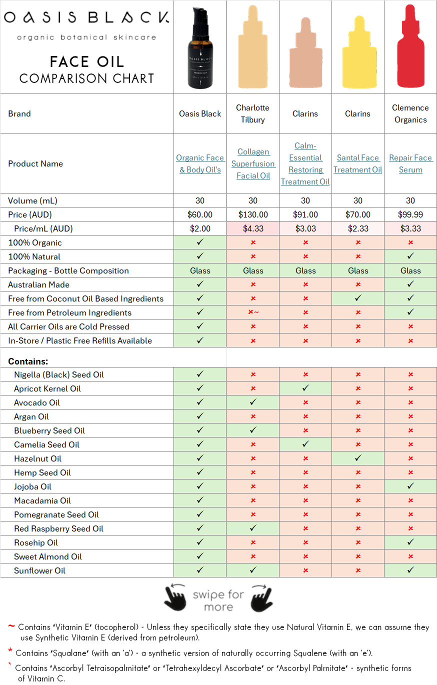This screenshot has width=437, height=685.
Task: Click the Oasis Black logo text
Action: pyautogui.click(x=86, y=18)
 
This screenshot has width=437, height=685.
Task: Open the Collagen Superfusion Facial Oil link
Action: pyautogui.click(x=253, y=163)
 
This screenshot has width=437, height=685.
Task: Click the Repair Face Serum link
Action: pyautogui.click(x=410, y=163)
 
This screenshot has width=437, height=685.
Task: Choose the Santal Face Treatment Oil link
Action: pyautogui.click(x=358, y=163)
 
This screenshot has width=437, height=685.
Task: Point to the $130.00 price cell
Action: pyautogui.click(x=253, y=214)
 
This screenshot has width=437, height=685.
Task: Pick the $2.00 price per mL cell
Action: pyautogui.click(x=200, y=228)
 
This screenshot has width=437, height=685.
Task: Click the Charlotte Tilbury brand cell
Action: pyautogui.click(x=253, y=113)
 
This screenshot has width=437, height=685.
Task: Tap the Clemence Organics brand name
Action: pyautogui.click(x=410, y=113)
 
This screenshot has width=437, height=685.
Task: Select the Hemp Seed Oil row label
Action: pyautogui.click(x=42, y=472)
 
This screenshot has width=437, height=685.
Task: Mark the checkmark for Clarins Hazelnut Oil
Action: pyautogui.click(x=358, y=458)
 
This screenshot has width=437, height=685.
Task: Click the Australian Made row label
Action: pyautogui.click(x=38, y=284)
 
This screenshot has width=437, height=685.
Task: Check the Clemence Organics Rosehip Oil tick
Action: pyautogui.click(x=410, y=542)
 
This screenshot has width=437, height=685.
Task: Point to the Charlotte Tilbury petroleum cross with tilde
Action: pyautogui.click(x=253, y=312)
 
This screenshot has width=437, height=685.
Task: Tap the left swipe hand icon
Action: pyautogui.click(x=175, y=597)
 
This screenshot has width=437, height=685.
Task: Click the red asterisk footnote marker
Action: pyautogui.click(x=10, y=651)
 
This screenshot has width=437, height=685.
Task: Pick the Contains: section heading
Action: pyautogui.click(x=28, y=361)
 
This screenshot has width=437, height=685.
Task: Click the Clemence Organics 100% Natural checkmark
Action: pyautogui.click(x=410, y=256)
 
